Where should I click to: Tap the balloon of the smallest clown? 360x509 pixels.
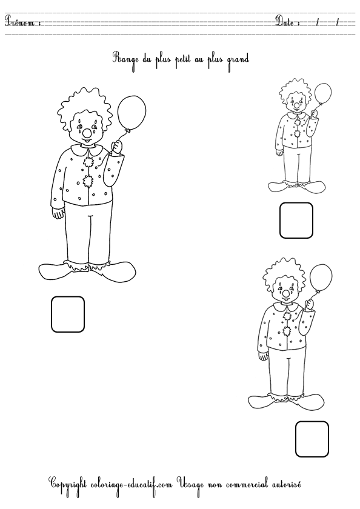pos(323,95)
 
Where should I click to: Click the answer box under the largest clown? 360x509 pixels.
pos(67,314)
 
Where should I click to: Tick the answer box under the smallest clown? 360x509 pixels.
pos(296,220)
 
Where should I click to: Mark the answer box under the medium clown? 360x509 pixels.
pos(312,439)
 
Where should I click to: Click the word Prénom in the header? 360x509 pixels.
pos(22,23)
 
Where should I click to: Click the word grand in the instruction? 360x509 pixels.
pos(238,59)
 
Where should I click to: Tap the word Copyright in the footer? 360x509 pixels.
pos(69,484)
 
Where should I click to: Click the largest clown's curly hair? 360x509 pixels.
pos(84,103)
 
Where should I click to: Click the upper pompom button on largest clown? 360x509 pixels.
pos(88,161)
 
